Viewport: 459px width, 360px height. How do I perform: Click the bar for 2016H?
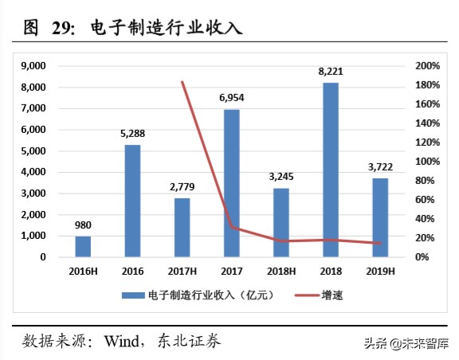tap(83, 246)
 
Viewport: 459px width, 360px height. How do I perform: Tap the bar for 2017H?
tap(182, 227)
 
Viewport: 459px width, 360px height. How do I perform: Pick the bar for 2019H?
tap(379, 217)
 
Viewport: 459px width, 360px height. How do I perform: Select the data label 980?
tap(83, 224)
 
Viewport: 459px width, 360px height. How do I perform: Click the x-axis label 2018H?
tap(280, 272)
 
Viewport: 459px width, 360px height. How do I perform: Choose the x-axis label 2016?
tap(132, 272)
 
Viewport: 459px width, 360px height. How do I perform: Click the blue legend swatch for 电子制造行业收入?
tap(133, 295)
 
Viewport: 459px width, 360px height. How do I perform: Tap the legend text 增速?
tap(332, 295)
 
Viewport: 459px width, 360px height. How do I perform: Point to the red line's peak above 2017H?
tap(182, 82)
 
